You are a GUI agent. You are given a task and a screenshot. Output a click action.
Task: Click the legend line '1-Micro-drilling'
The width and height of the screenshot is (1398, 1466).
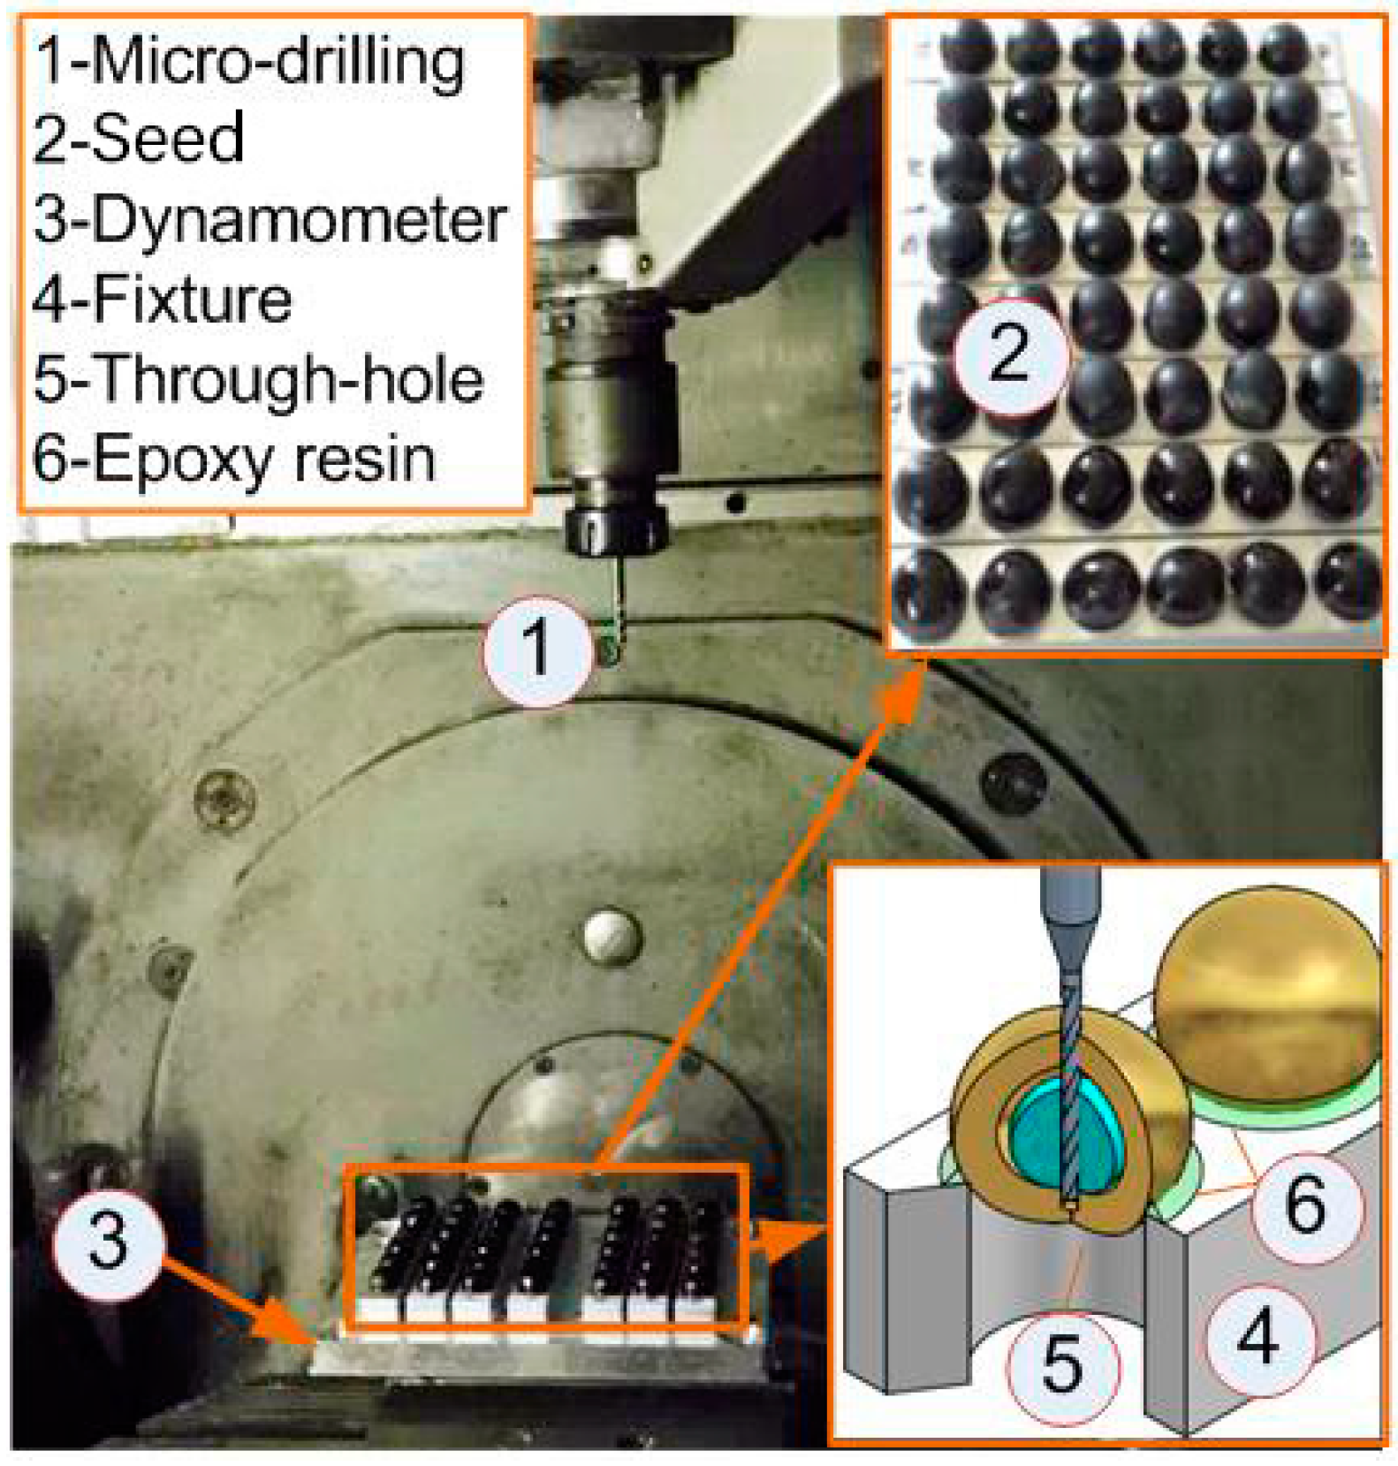click(248, 64)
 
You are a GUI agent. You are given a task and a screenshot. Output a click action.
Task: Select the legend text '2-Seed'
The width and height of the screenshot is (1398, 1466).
click(138, 139)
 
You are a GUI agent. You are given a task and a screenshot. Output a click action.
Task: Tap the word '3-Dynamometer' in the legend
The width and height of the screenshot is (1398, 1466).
click(270, 219)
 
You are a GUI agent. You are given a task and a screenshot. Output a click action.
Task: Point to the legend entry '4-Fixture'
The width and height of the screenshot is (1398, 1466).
click(163, 299)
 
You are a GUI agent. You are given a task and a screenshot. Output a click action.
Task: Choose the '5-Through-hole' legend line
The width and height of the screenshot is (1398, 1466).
click(258, 380)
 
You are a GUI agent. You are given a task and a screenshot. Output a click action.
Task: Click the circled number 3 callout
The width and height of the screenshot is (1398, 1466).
click(109, 1242)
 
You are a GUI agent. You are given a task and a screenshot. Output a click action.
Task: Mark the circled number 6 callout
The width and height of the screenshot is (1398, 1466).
click(1306, 1205)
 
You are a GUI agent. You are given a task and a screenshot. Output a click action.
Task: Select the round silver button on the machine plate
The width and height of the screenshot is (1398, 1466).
click(612, 936)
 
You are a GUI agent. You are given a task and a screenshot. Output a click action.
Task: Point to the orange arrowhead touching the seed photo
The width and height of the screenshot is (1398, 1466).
click(900, 687)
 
